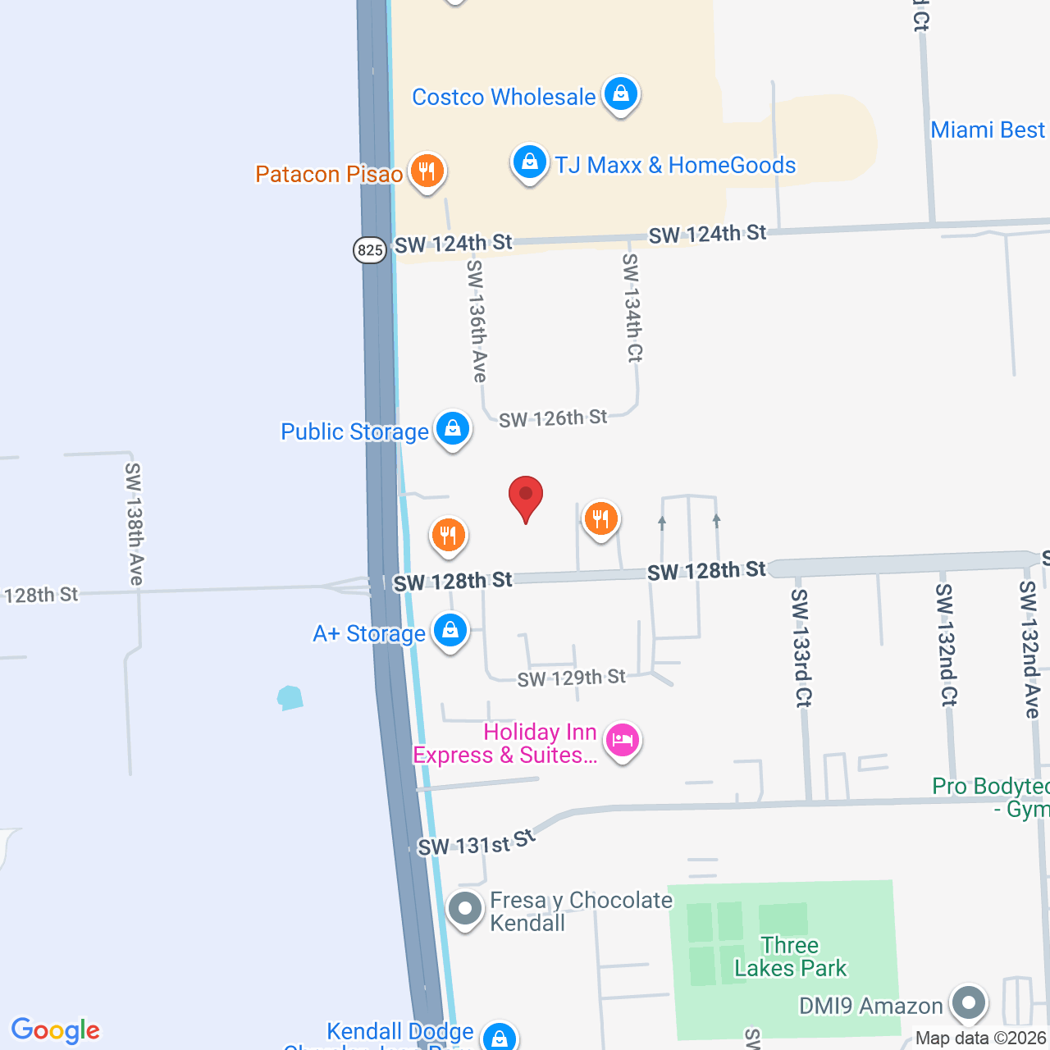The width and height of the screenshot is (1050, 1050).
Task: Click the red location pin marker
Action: (x=526, y=497)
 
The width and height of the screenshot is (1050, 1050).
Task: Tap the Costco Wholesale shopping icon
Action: (x=621, y=94)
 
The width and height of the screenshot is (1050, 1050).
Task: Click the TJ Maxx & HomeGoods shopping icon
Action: (x=530, y=162)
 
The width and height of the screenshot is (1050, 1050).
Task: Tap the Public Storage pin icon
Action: (x=452, y=429)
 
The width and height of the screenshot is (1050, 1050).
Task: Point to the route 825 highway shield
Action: (x=370, y=249)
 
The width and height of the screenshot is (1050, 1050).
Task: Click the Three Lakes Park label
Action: (x=790, y=957)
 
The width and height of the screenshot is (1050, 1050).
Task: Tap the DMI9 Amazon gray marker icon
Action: (x=969, y=1003)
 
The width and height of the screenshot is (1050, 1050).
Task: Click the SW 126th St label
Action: (x=553, y=418)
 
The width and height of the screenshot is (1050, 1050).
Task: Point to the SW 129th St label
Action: (x=571, y=678)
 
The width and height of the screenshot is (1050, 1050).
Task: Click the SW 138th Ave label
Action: (x=134, y=523)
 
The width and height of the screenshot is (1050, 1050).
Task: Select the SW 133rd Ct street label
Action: (x=801, y=647)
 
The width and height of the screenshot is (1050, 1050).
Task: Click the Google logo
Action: (x=56, y=1030)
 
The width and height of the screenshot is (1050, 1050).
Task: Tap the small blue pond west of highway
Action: (x=290, y=698)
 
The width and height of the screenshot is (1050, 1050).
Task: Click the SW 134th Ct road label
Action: (x=632, y=308)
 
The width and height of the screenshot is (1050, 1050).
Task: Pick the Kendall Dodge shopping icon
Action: (x=499, y=1037)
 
